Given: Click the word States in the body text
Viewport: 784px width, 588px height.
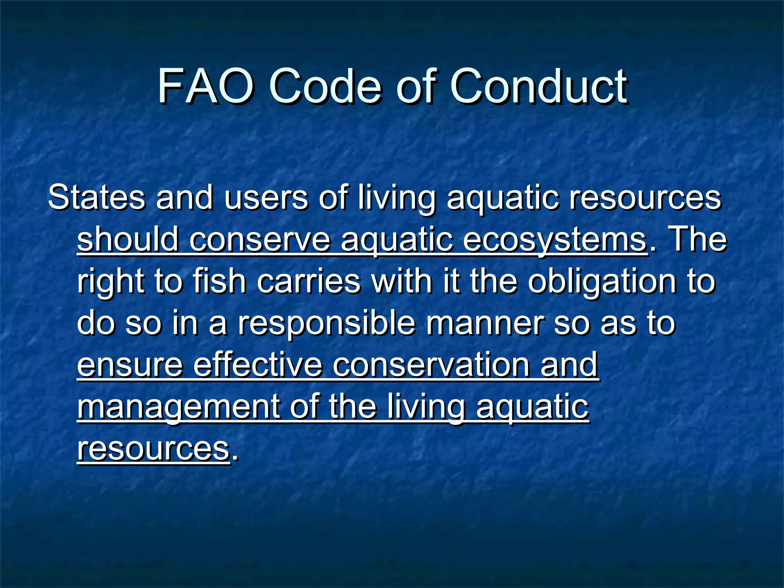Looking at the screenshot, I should (x=96, y=198).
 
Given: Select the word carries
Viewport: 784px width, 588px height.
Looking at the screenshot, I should (x=309, y=281).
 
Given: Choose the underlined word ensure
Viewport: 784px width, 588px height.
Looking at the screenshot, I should (x=130, y=365).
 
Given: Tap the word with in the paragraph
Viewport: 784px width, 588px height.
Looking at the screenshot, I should (x=402, y=281).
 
